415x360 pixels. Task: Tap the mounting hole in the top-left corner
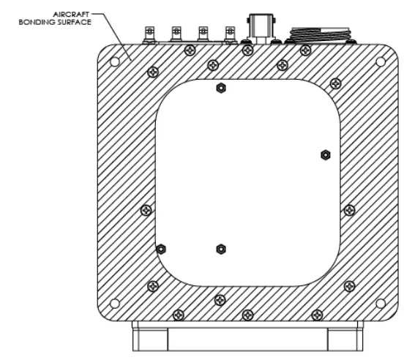click(x=115, y=61)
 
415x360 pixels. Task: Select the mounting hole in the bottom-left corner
click(x=115, y=302)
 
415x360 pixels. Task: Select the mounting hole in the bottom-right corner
click(x=380, y=302)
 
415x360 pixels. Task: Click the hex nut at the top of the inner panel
click(x=220, y=89)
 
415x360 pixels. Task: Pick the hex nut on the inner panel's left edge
click(x=160, y=249)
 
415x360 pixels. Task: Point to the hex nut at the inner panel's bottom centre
click(x=220, y=250)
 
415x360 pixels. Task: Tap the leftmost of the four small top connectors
click(x=150, y=33)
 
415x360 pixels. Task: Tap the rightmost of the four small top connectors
click(x=231, y=33)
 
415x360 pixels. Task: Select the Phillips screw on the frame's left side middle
click(x=146, y=209)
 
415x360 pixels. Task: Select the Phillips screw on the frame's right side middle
click(x=350, y=209)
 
